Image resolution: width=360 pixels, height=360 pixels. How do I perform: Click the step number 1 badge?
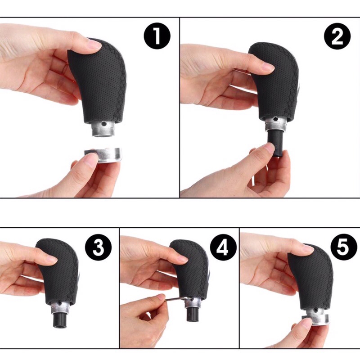coord(157,36)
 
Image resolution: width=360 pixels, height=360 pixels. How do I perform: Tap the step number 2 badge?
coord(337,36)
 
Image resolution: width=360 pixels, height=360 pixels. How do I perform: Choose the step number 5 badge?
coord(344,247)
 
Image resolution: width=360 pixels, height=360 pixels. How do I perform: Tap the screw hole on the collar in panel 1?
coord(104,123)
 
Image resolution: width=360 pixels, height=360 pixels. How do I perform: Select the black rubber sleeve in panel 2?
coord(275,142)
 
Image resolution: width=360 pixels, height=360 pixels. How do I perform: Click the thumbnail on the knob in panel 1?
coord(94,44)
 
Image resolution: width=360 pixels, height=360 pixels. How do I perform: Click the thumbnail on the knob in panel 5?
coord(306,248)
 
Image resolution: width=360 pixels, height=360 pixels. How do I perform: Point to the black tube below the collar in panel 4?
coord(193,314)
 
